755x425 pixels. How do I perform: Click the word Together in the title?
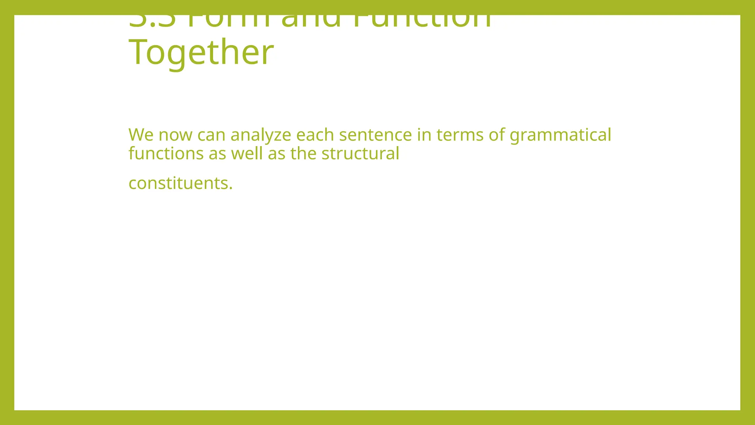(201, 52)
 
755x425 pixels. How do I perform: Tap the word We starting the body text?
(141, 135)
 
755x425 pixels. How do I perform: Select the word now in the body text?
(175, 135)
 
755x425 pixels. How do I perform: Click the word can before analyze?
(211, 135)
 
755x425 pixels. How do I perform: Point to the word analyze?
(261, 135)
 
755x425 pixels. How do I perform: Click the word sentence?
(375, 135)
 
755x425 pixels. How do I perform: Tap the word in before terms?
(424, 135)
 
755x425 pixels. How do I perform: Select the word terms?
(460, 135)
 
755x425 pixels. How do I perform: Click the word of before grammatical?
(497, 135)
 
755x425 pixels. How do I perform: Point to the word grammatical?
(560, 135)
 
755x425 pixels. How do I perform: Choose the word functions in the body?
(166, 153)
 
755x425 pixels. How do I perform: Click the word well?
(247, 153)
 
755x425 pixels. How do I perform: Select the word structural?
(360, 153)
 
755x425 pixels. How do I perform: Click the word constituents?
(178, 183)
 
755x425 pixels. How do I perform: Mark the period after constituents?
(231, 188)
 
